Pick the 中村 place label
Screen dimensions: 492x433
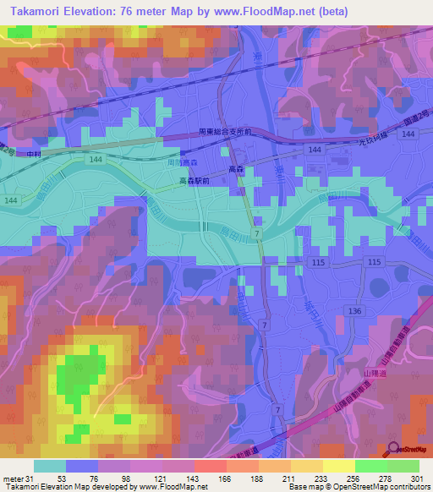[35, 154]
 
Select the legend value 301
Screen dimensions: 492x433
[413, 478]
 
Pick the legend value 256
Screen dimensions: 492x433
[354, 478]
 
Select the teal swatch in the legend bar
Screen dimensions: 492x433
[49, 466]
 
